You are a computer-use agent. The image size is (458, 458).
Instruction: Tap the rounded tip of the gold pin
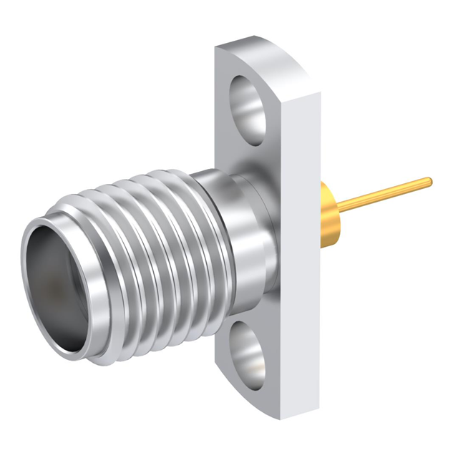[429, 182]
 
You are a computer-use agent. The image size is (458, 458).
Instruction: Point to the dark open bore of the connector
[57, 286]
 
